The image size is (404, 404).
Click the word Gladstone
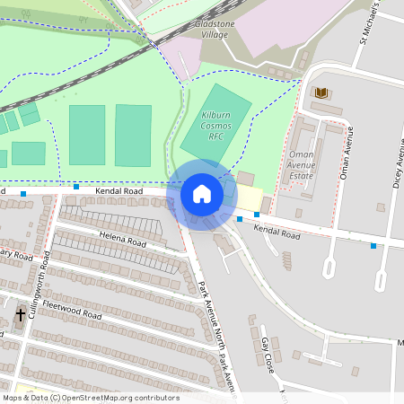point(216,19)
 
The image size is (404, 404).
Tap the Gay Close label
point(266,356)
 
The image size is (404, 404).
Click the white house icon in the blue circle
point(202,193)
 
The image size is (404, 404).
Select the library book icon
point(321,92)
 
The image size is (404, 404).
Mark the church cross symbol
point(21,315)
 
